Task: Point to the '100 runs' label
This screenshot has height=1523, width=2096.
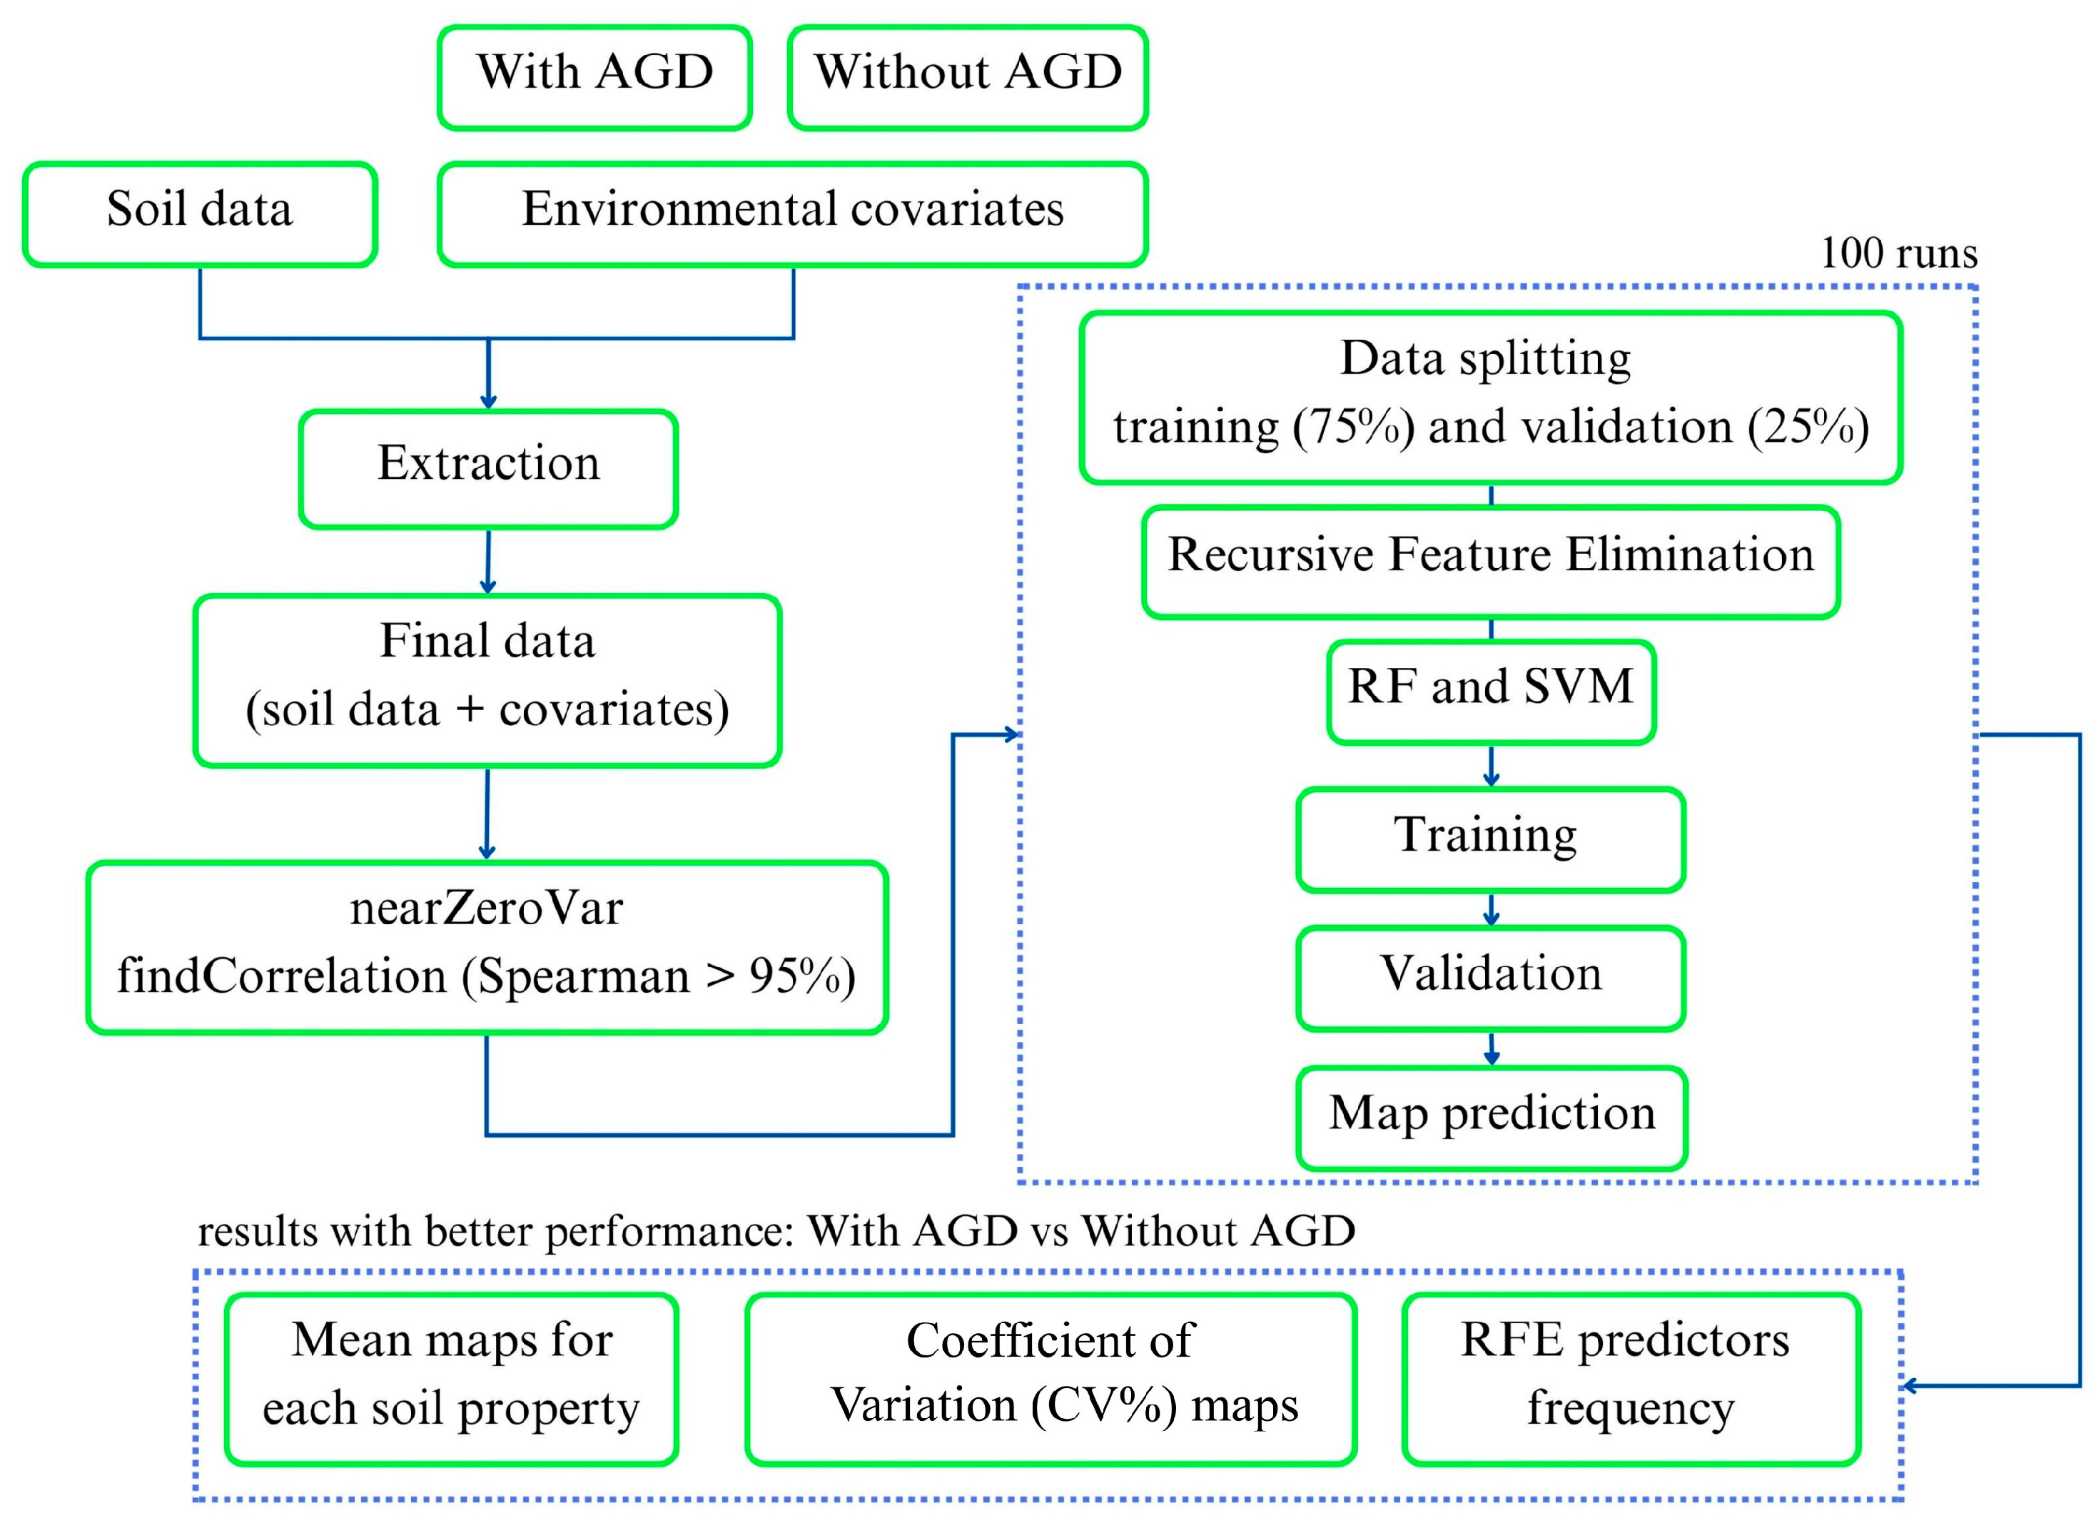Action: (1898, 253)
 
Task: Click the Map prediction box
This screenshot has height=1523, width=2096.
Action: (1491, 1116)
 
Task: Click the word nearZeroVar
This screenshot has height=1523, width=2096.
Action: (486, 909)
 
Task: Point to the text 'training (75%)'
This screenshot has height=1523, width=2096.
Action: (1262, 427)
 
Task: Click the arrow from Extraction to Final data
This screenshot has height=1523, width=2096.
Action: (488, 561)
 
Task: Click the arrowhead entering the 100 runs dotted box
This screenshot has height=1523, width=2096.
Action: (1012, 734)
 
